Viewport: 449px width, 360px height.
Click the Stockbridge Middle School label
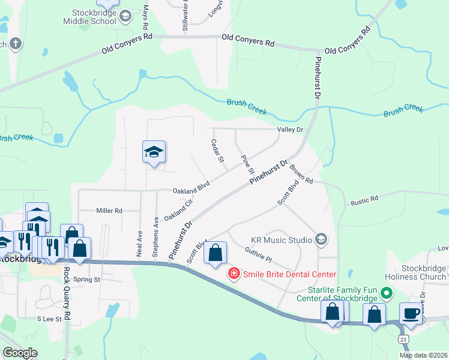pos(89,16)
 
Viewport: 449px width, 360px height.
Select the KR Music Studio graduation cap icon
pos(321,240)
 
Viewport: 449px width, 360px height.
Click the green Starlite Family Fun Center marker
pos(387,294)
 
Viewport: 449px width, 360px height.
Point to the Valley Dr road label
pos(291,130)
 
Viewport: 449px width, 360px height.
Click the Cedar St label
pos(217,151)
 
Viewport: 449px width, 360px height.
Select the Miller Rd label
pos(109,211)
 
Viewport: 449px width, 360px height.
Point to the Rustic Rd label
pos(365,199)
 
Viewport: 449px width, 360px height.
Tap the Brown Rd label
pos(301,173)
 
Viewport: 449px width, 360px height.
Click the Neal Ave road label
pos(139,243)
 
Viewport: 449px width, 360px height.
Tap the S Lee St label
pos(50,319)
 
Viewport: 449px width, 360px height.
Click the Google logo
pos(20,353)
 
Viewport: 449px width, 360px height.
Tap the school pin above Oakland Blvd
pos(154,152)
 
